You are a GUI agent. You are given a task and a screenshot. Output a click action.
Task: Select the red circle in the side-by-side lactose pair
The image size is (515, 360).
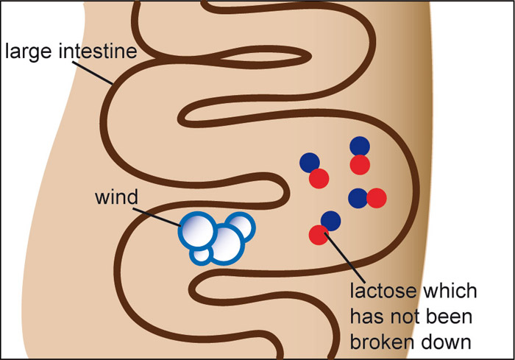(376, 198)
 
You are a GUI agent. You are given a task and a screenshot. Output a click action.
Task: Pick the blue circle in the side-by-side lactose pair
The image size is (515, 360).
(358, 198)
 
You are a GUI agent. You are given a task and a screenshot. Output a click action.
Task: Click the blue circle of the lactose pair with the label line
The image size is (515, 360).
(331, 220)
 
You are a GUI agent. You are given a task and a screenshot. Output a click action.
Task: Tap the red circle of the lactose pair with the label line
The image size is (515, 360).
(318, 236)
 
